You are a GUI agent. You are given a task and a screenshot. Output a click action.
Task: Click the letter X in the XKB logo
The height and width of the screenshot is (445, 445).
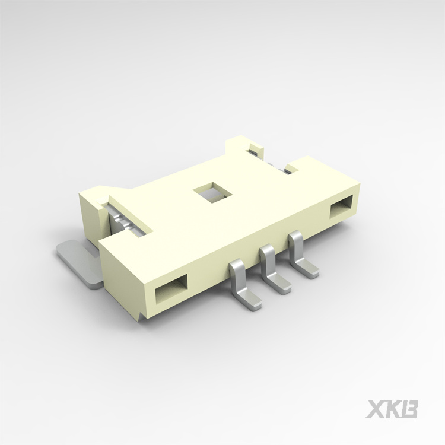click(377, 409)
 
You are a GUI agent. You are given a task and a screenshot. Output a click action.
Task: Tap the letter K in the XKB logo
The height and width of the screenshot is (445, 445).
click(393, 409)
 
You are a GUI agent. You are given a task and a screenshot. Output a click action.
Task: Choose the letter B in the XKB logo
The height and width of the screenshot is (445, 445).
click(410, 409)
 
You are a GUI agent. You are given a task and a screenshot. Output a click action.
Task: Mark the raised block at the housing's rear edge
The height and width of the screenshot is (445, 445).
click(240, 148)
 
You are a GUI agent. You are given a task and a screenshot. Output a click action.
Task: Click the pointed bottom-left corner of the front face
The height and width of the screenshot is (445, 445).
click(141, 320)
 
